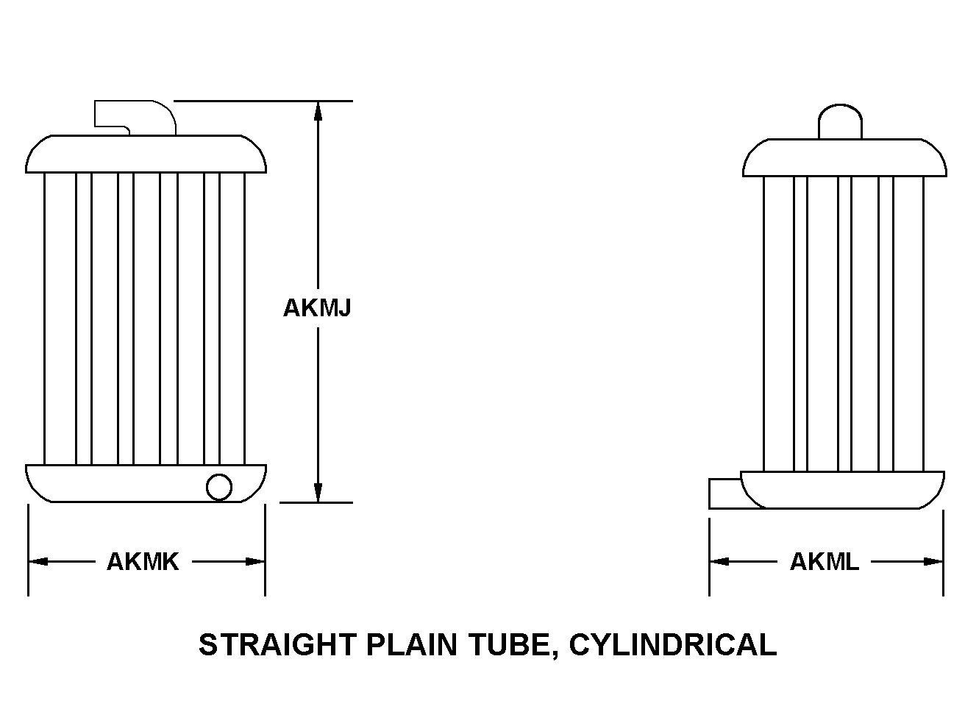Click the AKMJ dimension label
(317, 307)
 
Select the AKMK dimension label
(143, 562)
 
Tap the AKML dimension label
(825, 562)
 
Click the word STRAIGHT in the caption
(277, 645)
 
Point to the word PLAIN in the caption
(411, 645)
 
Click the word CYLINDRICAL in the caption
(673, 645)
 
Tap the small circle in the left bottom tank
(219, 487)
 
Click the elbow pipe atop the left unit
(135, 118)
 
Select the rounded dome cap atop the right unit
(840, 121)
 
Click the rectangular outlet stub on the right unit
(730, 494)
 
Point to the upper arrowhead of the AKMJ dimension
(318, 111)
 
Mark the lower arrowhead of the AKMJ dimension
(318, 492)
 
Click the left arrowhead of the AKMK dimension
(38, 562)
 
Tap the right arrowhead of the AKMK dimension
(255, 562)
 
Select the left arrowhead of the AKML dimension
(720, 562)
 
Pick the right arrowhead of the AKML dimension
(933, 562)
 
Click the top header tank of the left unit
(146, 154)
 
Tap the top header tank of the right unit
(845, 157)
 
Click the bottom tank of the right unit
(843, 490)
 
